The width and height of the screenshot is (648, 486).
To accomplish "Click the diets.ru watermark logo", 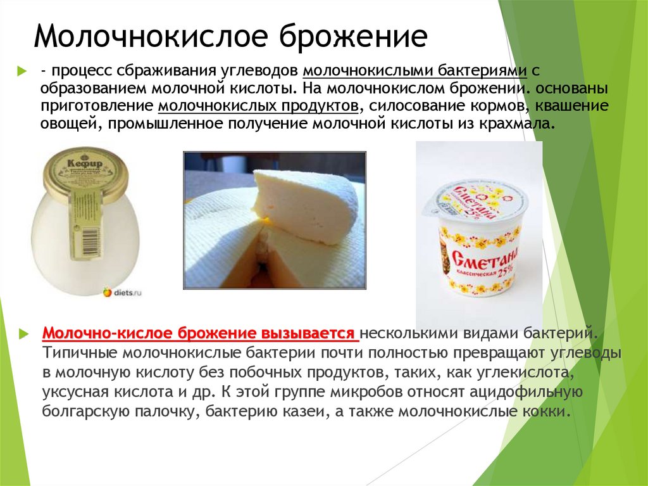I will pos(122,292).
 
